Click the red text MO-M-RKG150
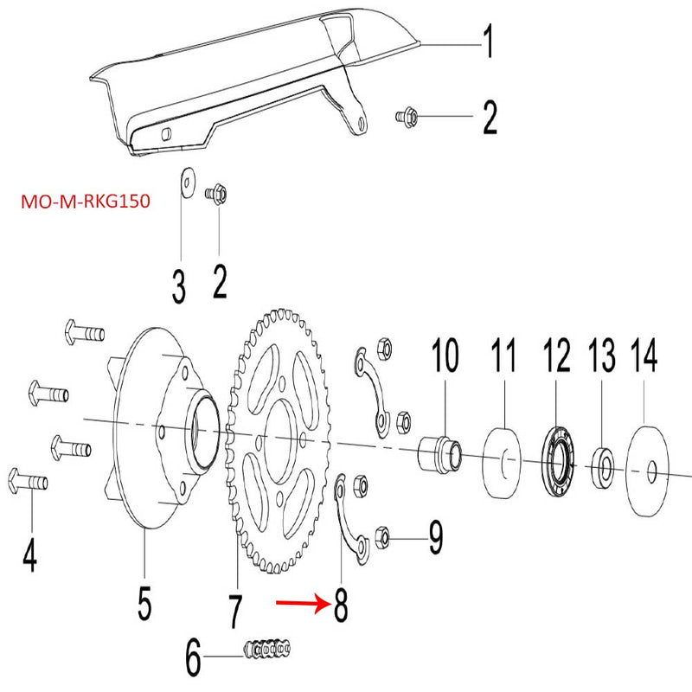coord(85,202)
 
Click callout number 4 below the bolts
coord(29,554)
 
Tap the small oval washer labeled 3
coord(185,183)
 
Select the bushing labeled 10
coord(441,452)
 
